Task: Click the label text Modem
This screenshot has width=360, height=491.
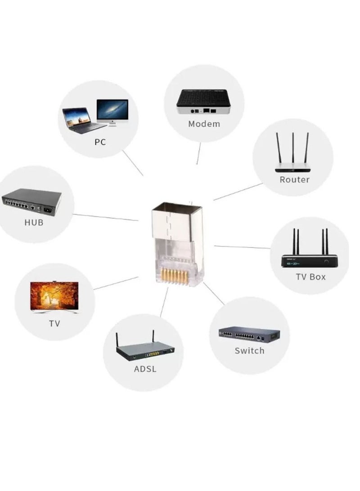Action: point(204,124)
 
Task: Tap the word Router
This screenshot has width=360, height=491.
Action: point(294,179)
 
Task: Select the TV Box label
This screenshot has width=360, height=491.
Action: point(310,276)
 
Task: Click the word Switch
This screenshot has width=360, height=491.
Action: point(249,350)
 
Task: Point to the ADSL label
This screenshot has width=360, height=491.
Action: point(145,369)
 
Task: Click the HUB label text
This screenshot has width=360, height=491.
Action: point(34,222)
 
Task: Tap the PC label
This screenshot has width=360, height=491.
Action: point(100,142)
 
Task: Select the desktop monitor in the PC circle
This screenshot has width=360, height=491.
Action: point(112,112)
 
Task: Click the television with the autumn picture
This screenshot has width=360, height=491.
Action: point(54,297)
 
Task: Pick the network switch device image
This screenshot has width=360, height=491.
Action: point(249,334)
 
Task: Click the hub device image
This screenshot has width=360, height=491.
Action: point(31,201)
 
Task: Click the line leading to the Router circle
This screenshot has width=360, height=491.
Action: point(238,192)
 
